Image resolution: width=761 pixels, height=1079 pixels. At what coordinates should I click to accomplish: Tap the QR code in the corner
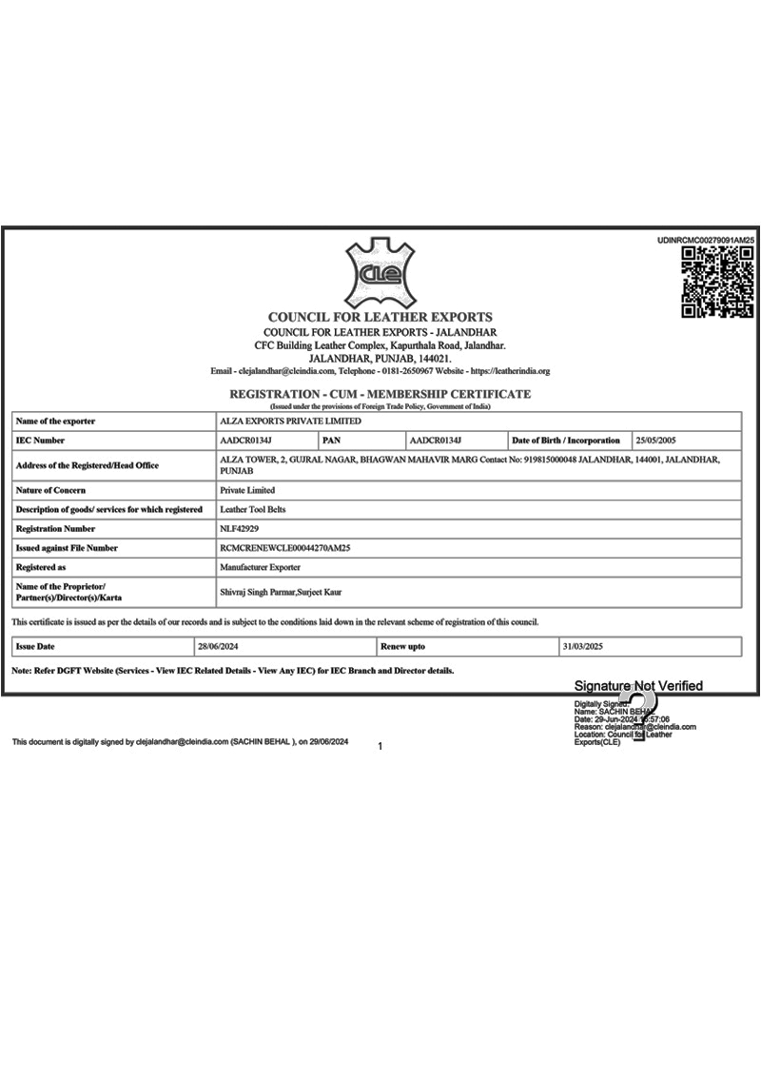[x=719, y=282]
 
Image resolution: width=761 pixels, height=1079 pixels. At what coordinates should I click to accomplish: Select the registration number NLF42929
[x=239, y=529]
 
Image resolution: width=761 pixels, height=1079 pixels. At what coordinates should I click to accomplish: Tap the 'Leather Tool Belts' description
[x=252, y=510]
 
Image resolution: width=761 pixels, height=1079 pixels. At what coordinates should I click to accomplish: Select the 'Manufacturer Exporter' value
[x=260, y=567]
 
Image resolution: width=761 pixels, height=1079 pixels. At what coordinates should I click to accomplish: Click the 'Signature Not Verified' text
[x=638, y=686]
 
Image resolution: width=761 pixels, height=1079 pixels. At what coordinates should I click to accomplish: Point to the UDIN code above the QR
[x=705, y=241]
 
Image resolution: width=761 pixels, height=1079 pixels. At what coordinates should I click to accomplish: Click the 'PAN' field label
[x=332, y=441]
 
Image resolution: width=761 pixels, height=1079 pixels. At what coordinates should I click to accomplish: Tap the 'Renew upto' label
[x=402, y=647]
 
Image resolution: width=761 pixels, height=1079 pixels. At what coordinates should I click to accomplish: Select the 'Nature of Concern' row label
[x=50, y=491]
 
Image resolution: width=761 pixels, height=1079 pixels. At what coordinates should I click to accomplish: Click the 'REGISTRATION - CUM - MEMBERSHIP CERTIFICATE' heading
[x=380, y=394]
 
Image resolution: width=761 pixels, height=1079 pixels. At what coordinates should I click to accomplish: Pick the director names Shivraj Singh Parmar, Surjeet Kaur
[x=281, y=592]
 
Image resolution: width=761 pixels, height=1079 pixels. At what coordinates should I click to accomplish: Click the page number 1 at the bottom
[x=380, y=747]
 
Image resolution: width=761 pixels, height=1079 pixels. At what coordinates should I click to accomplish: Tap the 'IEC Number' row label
[x=41, y=441]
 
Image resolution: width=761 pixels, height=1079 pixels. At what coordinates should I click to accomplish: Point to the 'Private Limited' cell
[x=247, y=491]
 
